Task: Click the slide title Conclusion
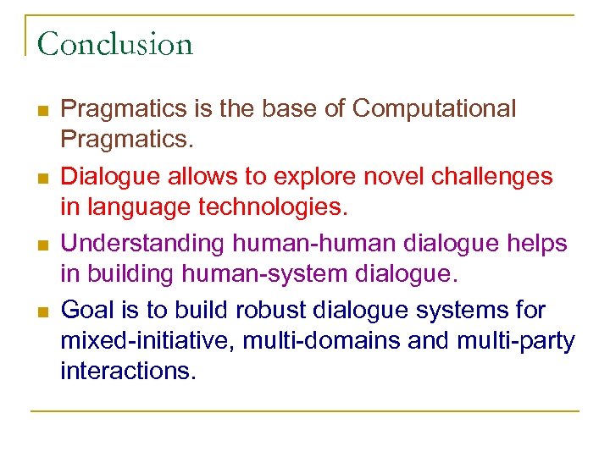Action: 115,43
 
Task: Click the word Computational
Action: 434,109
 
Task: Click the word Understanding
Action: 141,244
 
